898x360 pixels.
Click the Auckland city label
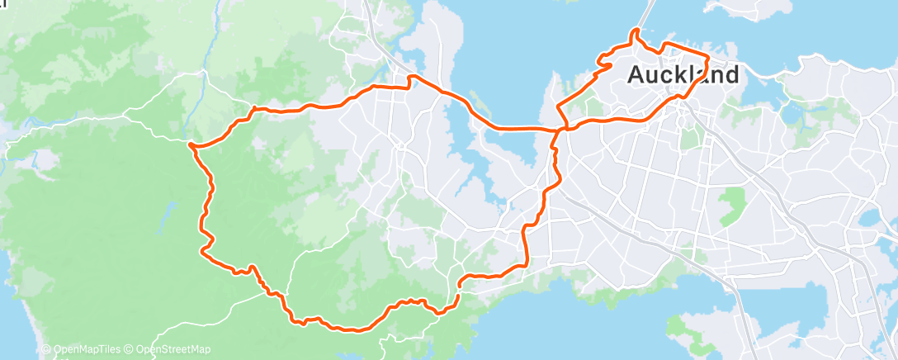[683, 74]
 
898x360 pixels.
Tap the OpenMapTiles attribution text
[88, 350]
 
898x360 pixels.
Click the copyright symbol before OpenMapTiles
[46, 350]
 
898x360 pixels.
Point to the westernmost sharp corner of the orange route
[191, 145]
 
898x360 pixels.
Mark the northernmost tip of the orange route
[634, 31]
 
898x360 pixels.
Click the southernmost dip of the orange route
[356, 330]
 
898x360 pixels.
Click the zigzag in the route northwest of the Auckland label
[605, 62]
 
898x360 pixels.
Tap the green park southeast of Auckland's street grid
[731, 206]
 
